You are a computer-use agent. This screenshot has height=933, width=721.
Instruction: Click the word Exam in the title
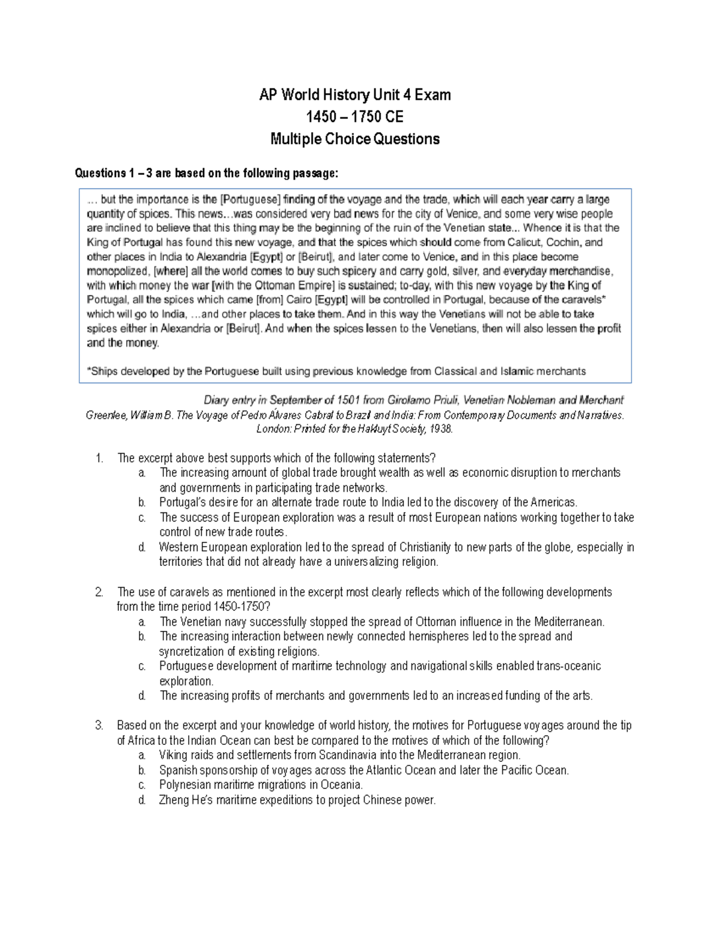[x=433, y=95]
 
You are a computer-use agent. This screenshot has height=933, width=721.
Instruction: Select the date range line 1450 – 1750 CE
[x=354, y=117]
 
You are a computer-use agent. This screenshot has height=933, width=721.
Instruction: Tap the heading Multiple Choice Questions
[x=354, y=139]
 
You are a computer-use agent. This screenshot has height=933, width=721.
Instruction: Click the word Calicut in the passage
[x=526, y=242]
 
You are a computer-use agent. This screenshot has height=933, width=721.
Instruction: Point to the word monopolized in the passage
[x=118, y=271]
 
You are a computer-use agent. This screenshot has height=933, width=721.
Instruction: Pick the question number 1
[x=99, y=458]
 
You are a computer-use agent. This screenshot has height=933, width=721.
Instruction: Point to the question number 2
[x=99, y=592]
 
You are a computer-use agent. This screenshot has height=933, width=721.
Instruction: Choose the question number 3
[x=99, y=726]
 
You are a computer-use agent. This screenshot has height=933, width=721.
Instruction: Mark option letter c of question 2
[x=142, y=666]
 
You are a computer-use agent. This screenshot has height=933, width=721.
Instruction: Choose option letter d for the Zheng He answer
[x=142, y=800]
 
